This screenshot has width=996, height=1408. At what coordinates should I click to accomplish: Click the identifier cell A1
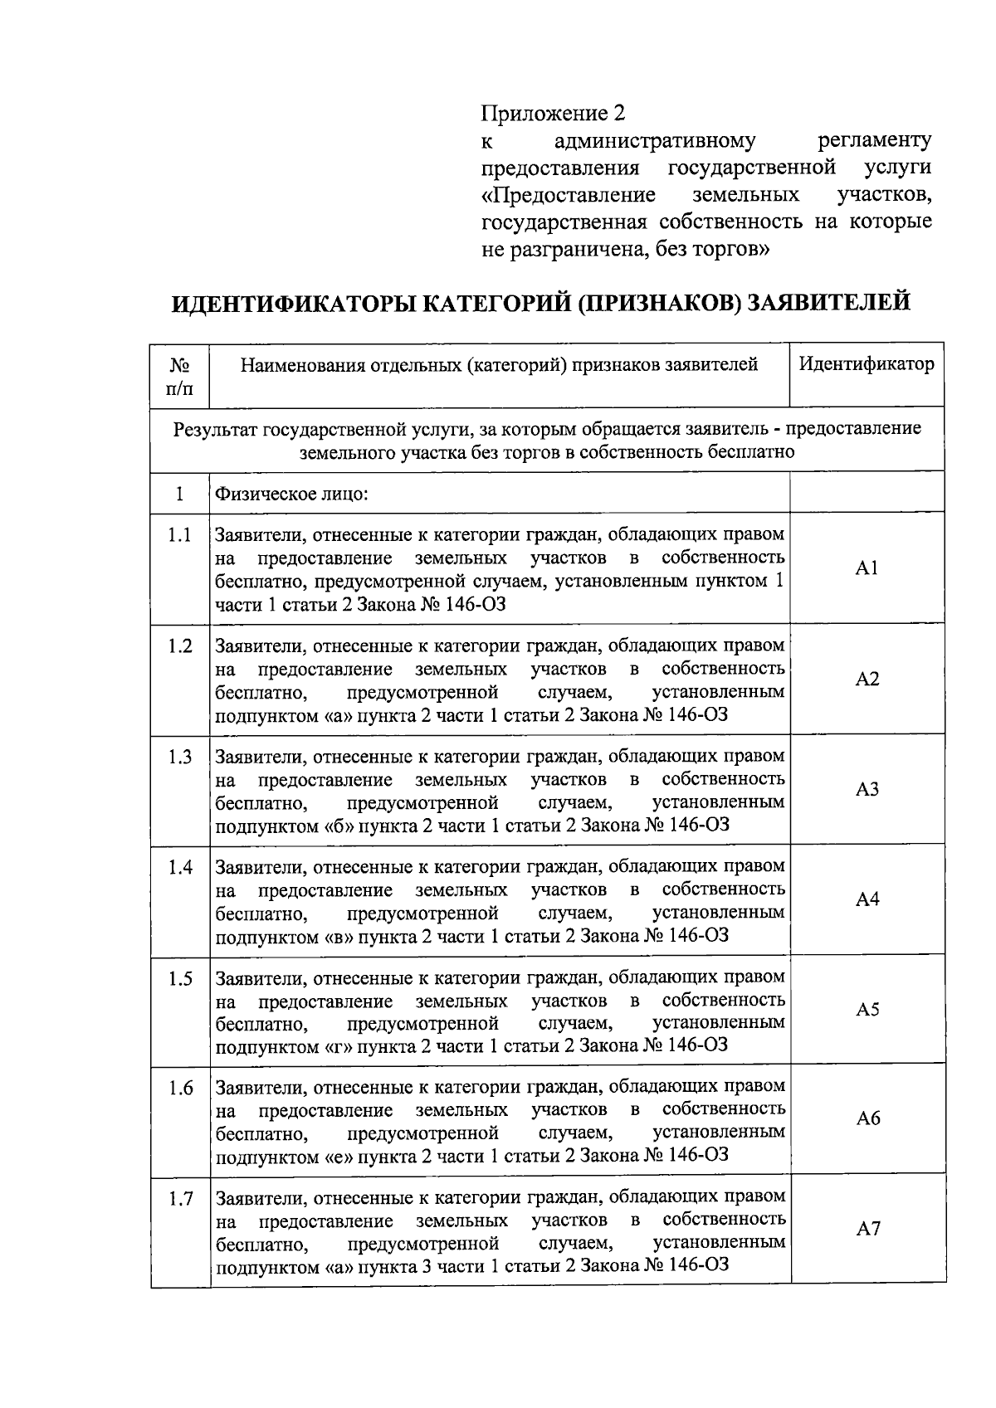click(867, 568)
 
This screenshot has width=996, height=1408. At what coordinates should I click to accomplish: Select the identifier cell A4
click(867, 899)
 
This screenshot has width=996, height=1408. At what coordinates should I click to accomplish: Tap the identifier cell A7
click(867, 1229)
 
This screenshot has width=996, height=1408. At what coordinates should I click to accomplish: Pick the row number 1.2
click(179, 646)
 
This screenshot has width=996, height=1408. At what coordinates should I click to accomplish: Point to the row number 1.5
click(179, 979)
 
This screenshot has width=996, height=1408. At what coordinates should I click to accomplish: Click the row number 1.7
click(179, 1199)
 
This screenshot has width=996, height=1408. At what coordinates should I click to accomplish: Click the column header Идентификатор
click(867, 363)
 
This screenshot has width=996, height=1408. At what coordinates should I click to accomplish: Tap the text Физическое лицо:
click(291, 495)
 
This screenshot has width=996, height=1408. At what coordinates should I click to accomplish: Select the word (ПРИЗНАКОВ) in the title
click(655, 303)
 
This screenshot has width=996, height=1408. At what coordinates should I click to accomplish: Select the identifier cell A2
click(867, 680)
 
